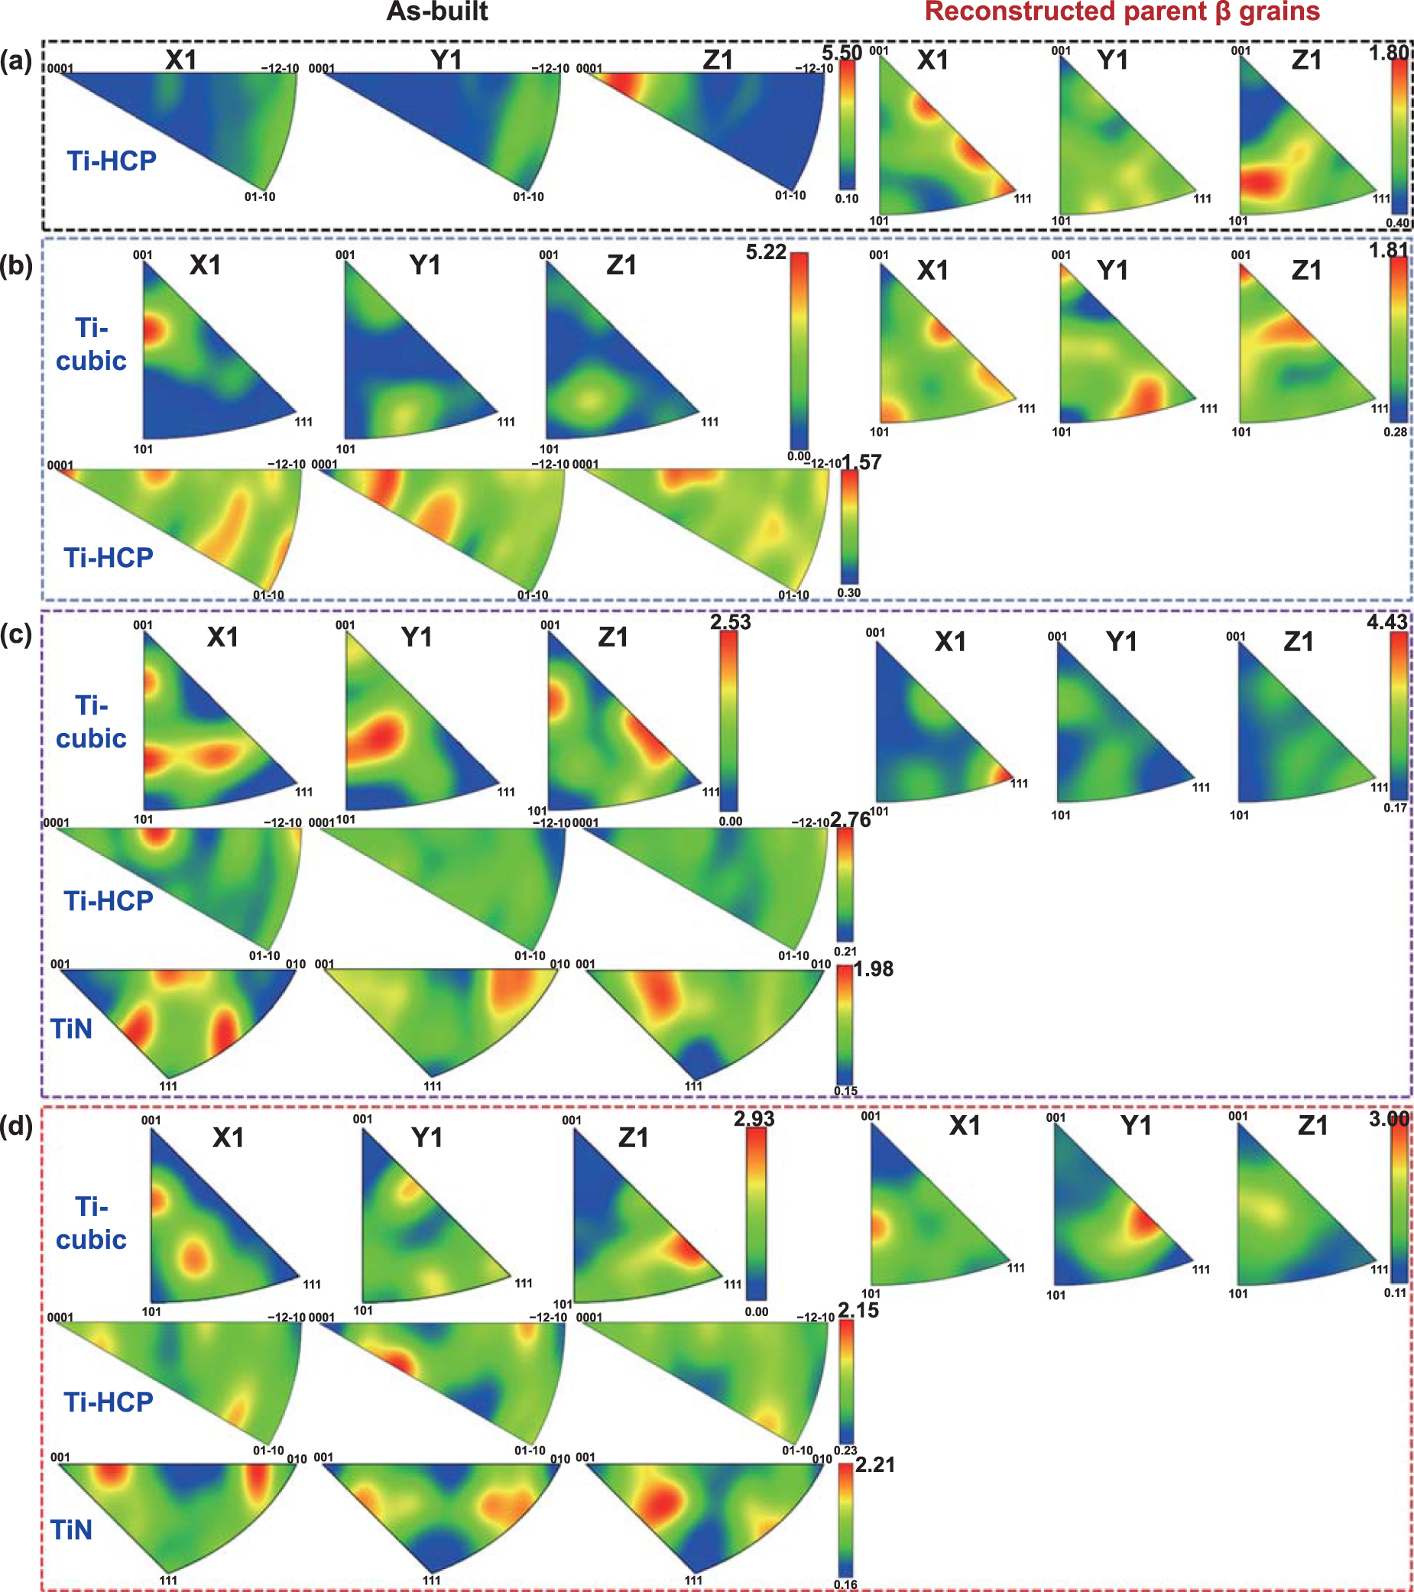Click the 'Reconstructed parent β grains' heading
click(x=1122, y=11)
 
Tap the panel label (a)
click(x=16, y=60)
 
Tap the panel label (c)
click(x=16, y=635)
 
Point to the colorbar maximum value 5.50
click(x=842, y=53)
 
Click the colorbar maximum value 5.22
click(x=766, y=252)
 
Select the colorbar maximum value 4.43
click(x=1387, y=621)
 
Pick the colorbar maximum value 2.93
click(x=754, y=1118)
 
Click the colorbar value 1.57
click(x=861, y=462)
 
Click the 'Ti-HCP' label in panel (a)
click(x=112, y=160)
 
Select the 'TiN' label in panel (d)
click(x=72, y=1530)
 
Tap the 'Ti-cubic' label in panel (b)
click(x=91, y=344)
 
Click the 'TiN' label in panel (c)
click(x=72, y=1029)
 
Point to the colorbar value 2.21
click(x=875, y=1465)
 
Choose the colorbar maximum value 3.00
click(x=1388, y=1119)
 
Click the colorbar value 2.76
click(x=850, y=819)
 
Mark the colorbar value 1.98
click(x=874, y=969)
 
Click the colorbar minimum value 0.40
click(x=1398, y=222)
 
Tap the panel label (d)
click(x=16, y=1127)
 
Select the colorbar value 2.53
click(x=730, y=622)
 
